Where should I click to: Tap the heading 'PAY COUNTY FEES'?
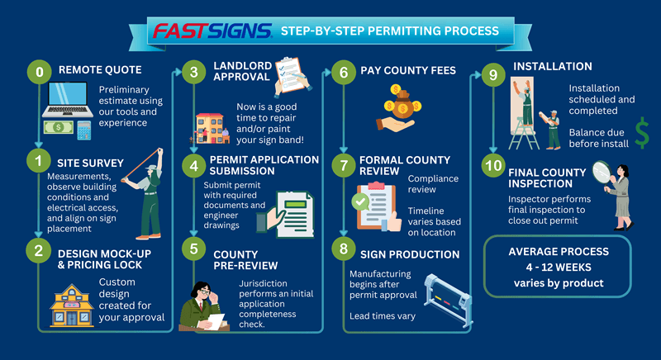tap(407, 71)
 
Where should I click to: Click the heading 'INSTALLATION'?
tap(553, 66)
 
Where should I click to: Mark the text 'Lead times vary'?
tap(383, 315)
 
